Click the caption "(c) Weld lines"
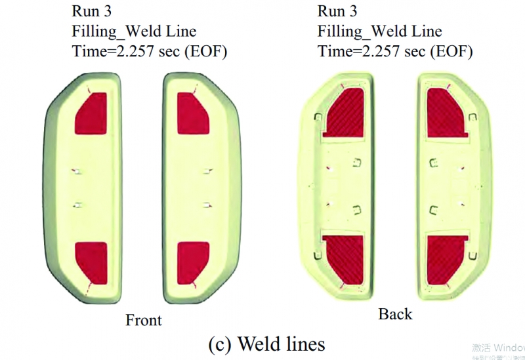coord(266,343)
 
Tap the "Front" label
coord(143,320)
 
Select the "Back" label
coord(395,314)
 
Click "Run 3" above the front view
coord(94,12)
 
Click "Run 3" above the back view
coord(339,12)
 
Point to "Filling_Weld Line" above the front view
coord(135,31)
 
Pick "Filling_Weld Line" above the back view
coord(380,31)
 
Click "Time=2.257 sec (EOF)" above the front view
coord(150,51)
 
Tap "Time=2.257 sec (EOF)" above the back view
coord(395,51)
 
